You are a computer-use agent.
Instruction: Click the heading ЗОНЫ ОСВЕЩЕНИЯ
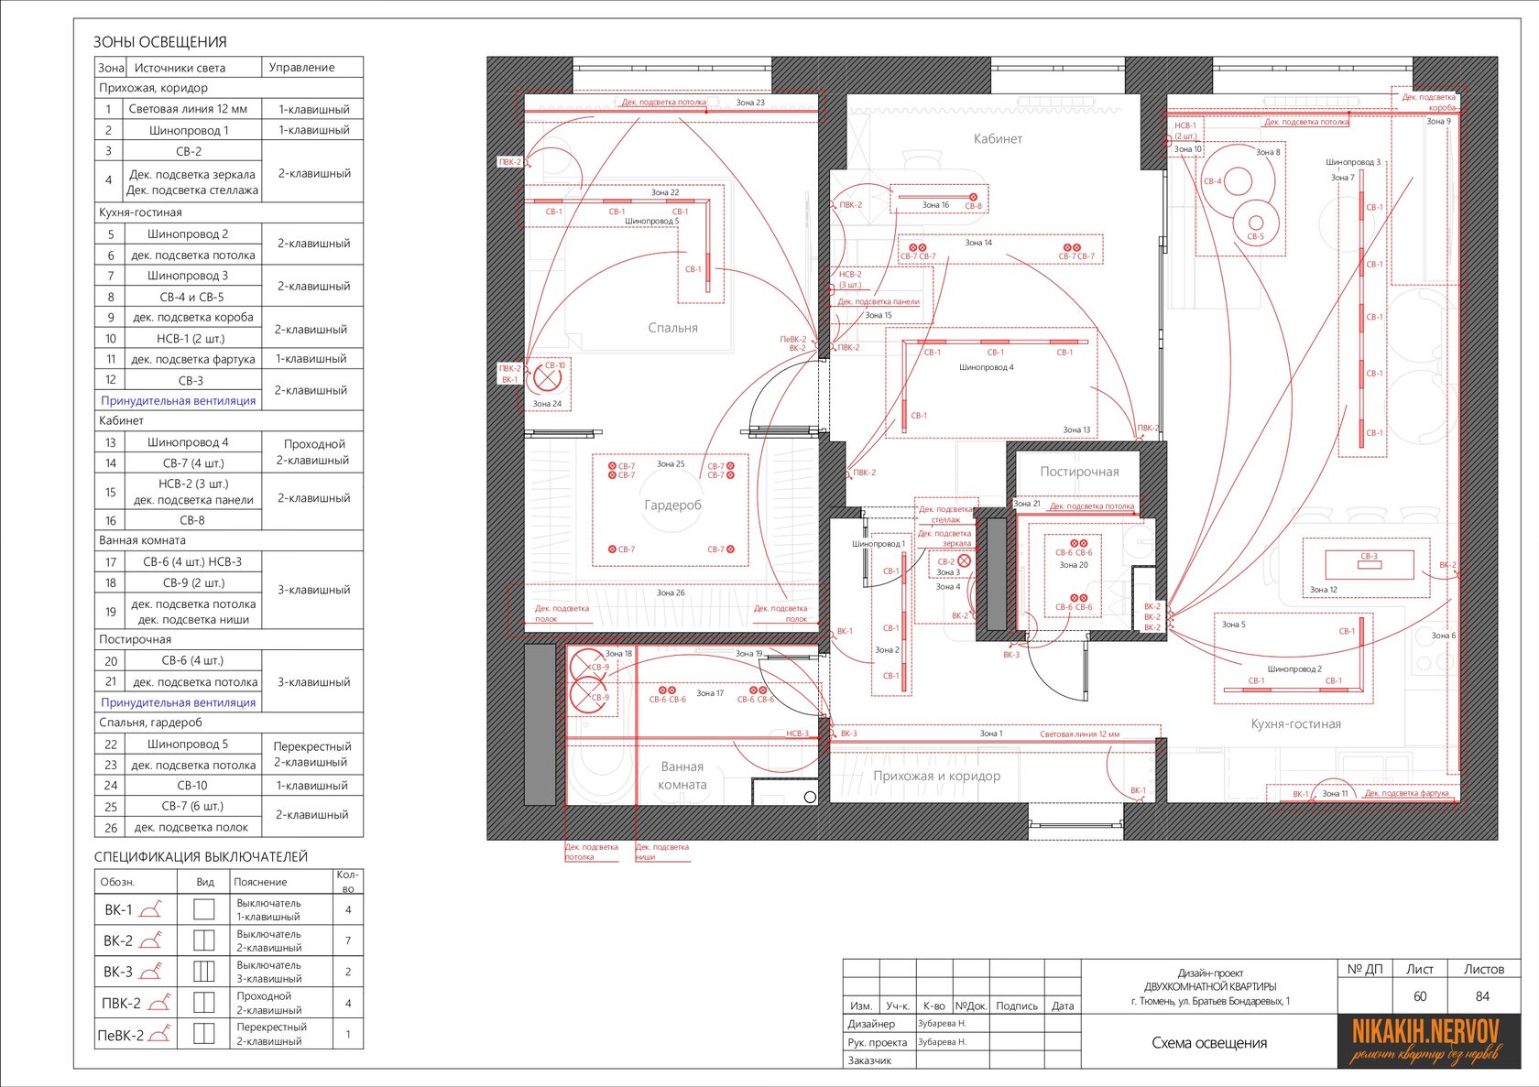point(159,42)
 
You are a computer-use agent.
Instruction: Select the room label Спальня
point(672,328)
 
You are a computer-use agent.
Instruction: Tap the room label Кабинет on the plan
point(998,139)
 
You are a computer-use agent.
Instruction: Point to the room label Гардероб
point(672,505)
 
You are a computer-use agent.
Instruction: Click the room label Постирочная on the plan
point(1079,472)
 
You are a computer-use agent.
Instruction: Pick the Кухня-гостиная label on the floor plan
point(1295,723)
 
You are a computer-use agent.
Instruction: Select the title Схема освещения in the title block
point(1209,1043)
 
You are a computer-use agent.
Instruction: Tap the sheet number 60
point(1419,996)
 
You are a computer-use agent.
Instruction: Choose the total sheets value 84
point(1482,996)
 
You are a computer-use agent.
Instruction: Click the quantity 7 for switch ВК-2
point(348,940)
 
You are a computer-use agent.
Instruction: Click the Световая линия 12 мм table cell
point(188,109)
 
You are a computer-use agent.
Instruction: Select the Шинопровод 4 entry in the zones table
point(188,442)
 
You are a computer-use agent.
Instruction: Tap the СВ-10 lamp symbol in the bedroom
point(547,376)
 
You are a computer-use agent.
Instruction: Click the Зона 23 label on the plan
point(750,103)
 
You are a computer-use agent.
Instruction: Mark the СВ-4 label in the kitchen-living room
point(1212,181)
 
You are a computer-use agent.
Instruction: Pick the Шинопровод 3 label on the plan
point(1352,162)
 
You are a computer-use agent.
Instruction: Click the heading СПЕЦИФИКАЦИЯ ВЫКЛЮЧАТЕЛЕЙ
point(201,857)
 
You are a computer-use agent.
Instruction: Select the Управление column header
point(301,68)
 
